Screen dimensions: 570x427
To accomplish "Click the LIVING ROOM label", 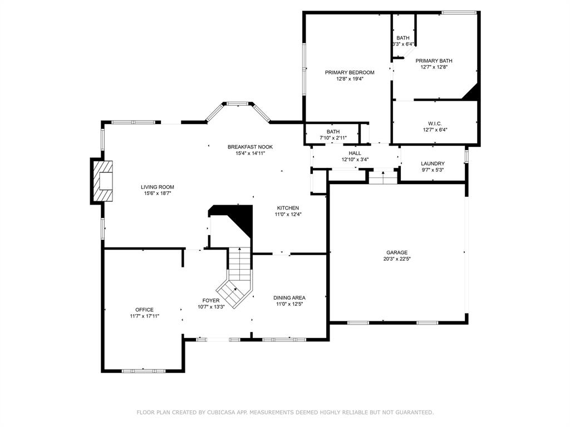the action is coord(158,187).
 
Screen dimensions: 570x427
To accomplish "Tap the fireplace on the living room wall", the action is coord(103,181).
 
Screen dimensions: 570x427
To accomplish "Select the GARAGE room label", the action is coord(396,252).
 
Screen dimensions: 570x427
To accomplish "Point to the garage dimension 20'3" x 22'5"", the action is coord(396,259).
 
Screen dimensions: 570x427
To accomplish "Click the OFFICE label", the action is coord(144,310).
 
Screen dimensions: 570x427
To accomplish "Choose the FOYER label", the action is coord(211,300).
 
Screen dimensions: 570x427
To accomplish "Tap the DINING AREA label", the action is coord(289,298).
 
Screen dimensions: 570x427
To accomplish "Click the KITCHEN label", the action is coord(288,208).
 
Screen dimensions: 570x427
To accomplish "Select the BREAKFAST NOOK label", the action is coord(250,147).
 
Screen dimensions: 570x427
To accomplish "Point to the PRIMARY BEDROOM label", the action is coord(350,72).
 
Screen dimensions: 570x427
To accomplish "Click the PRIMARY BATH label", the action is coord(434,61).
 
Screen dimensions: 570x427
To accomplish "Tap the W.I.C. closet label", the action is coord(435,123).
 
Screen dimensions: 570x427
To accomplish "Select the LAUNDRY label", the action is coord(433,164).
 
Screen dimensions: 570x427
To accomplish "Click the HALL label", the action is coord(355,153).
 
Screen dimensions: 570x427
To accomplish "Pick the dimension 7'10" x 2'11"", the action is coord(333,138).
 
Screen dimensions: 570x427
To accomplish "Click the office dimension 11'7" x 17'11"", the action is coord(144,316).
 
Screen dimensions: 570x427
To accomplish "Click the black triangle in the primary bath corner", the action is coord(471,92).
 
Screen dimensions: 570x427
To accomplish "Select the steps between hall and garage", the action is coord(383,177).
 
